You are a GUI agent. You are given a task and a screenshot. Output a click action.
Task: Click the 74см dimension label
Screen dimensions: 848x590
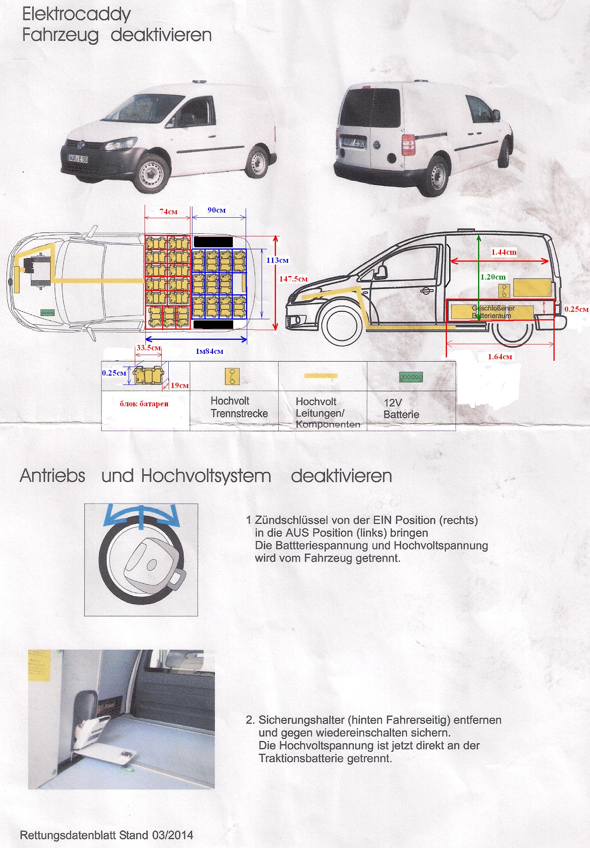pyautogui.click(x=168, y=212)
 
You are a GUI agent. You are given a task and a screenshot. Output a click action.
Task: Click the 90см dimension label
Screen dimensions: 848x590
pyautogui.click(x=216, y=210)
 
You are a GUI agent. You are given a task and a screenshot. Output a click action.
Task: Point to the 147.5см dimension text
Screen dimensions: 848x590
pyautogui.click(x=293, y=278)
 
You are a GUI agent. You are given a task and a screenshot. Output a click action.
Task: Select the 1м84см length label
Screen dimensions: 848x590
pyautogui.click(x=209, y=351)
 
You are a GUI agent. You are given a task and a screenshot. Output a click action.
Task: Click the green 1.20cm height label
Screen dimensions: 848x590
pyautogui.click(x=493, y=277)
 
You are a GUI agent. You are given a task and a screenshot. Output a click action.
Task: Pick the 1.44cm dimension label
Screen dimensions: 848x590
pyautogui.click(x=504, y=252)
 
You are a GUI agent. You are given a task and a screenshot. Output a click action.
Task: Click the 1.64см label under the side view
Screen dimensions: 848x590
pyautogui.click(x=500, y=356)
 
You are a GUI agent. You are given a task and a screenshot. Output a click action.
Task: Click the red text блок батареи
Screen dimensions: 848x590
pyautogui.click(x=144, y=404)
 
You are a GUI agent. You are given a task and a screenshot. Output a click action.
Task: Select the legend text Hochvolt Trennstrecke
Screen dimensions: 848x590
pyautogui.click(x=239, y=407)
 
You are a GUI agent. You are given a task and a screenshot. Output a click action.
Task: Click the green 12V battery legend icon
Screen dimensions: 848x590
pyautogui.click(x=411, y=377)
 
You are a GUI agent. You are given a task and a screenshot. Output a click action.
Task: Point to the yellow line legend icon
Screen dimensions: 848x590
pyautogui.click(x=321, y=376)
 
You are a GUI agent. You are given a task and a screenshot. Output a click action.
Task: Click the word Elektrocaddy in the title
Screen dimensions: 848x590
pyautogui.click(x=77, y=15)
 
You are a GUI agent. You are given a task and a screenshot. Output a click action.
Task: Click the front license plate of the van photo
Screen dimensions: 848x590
pyautogui.click(x=78, y=159)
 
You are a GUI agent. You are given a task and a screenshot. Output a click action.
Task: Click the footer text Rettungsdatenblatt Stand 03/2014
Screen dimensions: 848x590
pyautogui.click(x=106, y=834)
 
